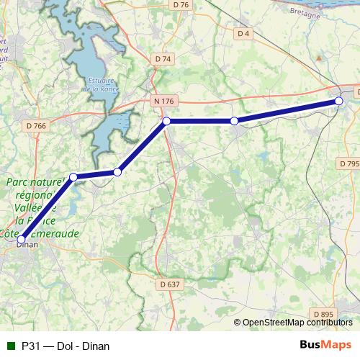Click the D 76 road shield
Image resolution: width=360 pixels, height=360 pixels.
coord(181,5)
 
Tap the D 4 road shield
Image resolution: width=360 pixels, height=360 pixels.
coord(243,34)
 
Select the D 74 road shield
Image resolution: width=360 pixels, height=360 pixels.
coord(163,59)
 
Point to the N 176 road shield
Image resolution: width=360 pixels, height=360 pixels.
coord(163,102)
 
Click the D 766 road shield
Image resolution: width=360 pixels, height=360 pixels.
coord(35,126)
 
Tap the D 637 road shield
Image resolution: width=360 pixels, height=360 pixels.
coord(169,284)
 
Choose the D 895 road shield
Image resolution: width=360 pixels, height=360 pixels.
coord(324,314)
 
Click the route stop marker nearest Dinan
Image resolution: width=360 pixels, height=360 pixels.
coord(22,238)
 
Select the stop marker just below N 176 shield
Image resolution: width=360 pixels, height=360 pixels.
coord(166,121)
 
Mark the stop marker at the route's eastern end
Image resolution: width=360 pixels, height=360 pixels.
coord(338,102)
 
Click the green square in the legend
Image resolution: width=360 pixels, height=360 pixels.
coord(10,346)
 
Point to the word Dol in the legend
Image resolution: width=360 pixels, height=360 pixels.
coord(64,346)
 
